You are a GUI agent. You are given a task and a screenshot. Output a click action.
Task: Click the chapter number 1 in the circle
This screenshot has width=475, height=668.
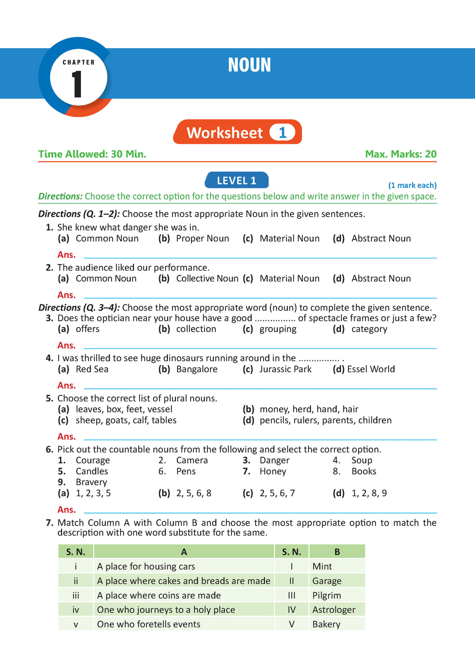[77, 84]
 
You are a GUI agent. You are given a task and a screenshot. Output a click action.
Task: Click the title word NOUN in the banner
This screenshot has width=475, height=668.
[249, 65]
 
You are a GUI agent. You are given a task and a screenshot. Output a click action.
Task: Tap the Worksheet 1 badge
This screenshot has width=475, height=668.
[237, 133]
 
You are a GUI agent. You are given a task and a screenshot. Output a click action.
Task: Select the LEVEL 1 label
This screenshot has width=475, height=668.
[237, 180]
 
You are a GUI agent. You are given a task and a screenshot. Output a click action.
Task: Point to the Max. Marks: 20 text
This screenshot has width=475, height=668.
[401, 154]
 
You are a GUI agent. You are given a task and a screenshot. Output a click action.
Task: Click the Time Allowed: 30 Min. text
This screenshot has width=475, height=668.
[92, 154]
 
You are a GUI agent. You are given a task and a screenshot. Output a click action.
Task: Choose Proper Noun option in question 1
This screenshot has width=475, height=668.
[202, 238]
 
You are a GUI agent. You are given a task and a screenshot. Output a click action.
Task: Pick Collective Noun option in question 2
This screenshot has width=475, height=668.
[207, 278]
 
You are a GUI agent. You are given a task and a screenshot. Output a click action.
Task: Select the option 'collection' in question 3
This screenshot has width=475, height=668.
[196, 329]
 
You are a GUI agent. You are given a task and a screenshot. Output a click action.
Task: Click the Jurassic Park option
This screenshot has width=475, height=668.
[285, 369]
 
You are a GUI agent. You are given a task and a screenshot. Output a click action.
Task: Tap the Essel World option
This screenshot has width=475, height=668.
[371, 369]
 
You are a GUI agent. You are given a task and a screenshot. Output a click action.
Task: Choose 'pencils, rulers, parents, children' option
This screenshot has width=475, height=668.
[325, 420]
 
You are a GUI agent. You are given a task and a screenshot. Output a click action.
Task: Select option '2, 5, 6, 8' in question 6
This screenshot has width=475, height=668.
[193, 493]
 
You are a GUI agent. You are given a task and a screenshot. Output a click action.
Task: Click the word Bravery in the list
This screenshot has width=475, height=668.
[91, 482]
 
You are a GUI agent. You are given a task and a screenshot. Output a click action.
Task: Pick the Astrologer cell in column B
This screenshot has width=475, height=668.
[334, 610]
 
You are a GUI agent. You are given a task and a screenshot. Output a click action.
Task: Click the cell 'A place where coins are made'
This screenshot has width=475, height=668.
[159, 595]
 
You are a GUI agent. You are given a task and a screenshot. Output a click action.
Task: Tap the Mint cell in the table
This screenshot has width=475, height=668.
[322, 566]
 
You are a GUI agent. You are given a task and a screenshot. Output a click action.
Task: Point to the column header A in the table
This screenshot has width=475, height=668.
[184, 552]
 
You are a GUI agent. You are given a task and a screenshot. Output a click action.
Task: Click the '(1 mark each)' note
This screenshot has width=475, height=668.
[412, 185]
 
